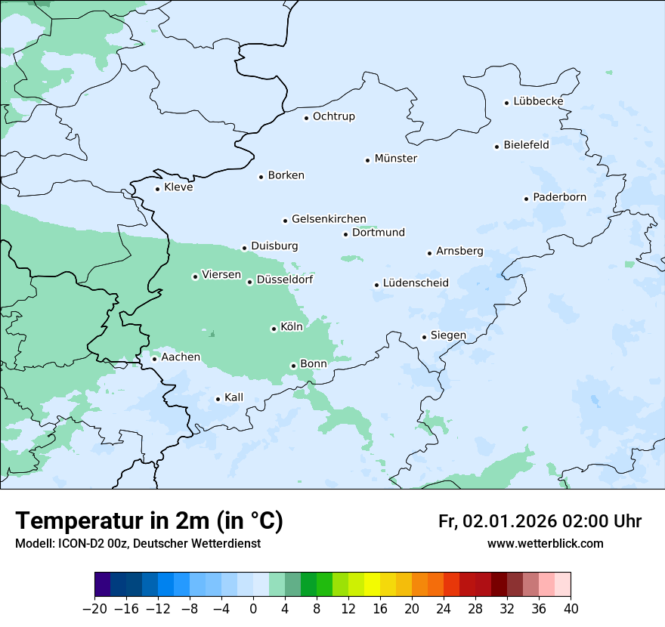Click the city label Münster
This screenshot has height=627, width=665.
(x=395, y=159)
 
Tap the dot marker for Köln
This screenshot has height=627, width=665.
(x=274, y=329)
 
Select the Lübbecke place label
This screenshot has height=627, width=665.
(x=538, y=101)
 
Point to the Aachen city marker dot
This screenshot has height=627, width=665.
(x=154, y=359)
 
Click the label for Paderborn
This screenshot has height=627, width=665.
(x=559, y=197)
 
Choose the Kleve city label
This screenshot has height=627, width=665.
(x=178, y=187)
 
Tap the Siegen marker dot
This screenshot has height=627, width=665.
(x=424, y=337)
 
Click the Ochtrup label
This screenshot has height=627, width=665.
(x=333, y=116)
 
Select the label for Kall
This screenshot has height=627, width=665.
(x=234, y=397)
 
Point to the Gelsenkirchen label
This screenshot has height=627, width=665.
(x=329, y=219)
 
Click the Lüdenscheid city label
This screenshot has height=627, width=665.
(x=416, y=283)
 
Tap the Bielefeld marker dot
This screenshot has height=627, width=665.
(x=497, y=147)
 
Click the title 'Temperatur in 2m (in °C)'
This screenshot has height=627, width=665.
(x=149, y=521)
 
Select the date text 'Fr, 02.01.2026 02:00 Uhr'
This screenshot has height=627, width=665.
(x=540, y=522)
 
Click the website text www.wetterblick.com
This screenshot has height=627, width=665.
(x=545, y=544)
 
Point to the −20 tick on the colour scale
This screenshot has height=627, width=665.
(x=95, y=609)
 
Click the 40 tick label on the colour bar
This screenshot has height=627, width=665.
(x=571, y=609)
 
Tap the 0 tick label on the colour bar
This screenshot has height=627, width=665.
(x=254, y=609)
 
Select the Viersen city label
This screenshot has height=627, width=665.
(x=221, y=275)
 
